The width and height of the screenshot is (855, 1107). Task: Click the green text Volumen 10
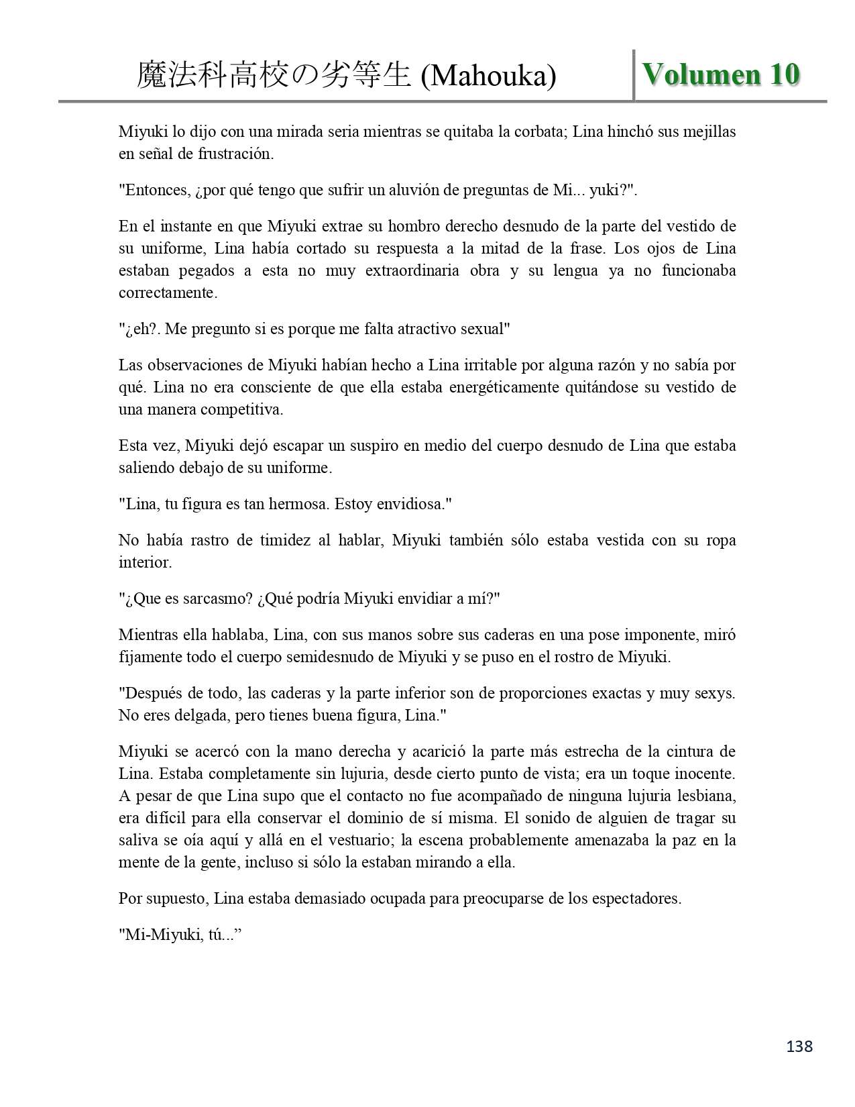[x=721, y=74]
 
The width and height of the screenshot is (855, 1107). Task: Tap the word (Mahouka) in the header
[x=488, y=76]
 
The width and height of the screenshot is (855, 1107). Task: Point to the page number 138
[x=798, y=1046]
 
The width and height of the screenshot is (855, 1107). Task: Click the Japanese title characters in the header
[x=274, y=75]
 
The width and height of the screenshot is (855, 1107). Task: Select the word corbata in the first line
[x=538, y=131]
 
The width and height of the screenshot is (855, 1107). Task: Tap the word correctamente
[x=168, y=293]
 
